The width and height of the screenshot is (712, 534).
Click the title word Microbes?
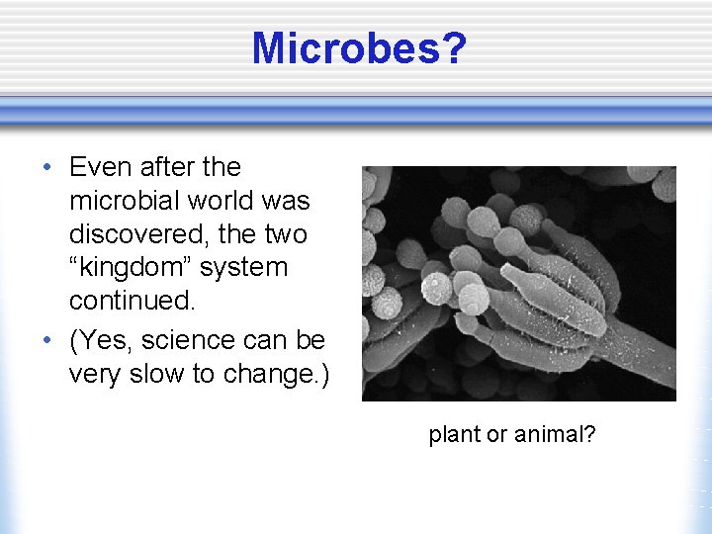pyautogui.click(x=357, y=47)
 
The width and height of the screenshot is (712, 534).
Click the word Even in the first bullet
pyautogui.click(x=102, y=167)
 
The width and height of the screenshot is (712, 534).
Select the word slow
pyautogui.click(x=149, y=374)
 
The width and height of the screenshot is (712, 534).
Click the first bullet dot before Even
pyautogui.click(x=47, y=167)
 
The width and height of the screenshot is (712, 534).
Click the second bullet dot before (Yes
pyautogui.click(x=47, y=340)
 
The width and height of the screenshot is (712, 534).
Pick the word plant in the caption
pyautogui.click(x=454, y=434)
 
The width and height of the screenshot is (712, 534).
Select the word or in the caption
pyautogui.click(x=497, y=434)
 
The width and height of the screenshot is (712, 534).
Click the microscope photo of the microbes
pyautogui.click(x=518, y=283)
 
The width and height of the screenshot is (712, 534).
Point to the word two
pyautogui.click(x=287, y=234)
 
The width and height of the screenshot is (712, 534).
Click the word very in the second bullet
pyautogui.click(x=95, y=374)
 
